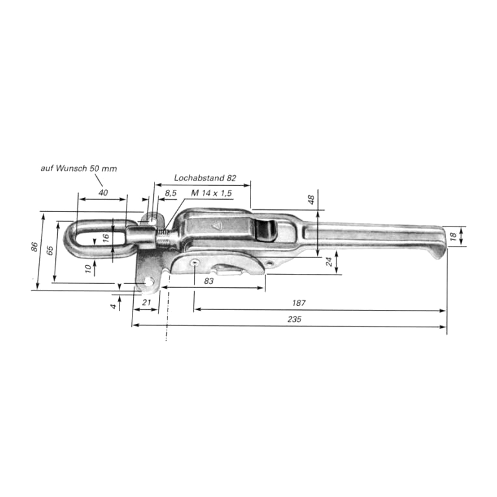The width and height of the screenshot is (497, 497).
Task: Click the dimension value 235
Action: click(294, 319)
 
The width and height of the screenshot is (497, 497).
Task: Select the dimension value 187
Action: click(299, 303)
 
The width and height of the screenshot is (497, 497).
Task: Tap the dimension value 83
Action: click(209, 281)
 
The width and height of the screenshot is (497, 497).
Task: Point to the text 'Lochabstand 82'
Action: click(205, 178)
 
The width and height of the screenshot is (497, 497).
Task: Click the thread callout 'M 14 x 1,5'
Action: click(212, 193)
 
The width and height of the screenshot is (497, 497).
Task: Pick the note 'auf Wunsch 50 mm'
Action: click(79, 169)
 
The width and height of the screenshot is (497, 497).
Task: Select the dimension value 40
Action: click(103, 193)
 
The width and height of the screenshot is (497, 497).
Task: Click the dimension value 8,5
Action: click(171, 193)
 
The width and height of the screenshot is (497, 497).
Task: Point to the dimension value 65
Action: click(50, 250)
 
